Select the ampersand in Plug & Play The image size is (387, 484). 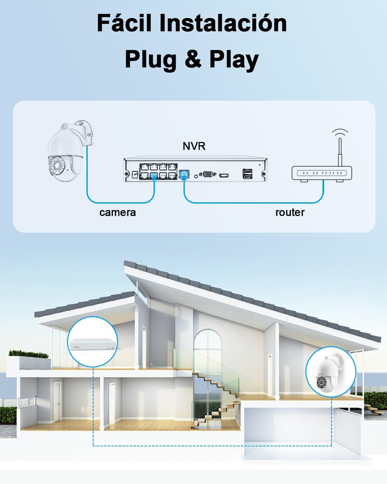[193, 60]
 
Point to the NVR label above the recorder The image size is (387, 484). [194, 146]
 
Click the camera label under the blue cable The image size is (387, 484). [117, 212]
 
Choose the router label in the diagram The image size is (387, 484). [290, 212]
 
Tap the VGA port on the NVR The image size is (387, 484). [207, 175]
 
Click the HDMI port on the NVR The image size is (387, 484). [224, 176]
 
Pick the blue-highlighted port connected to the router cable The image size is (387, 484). [183, 174]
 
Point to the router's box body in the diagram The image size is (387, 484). [322, 173]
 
